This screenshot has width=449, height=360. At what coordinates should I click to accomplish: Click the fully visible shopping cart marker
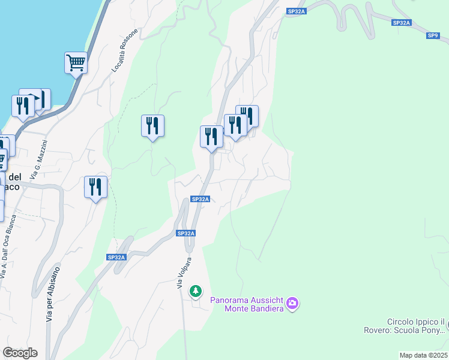click(76, 62)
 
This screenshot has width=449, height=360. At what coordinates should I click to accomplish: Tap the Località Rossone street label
click(125, 50)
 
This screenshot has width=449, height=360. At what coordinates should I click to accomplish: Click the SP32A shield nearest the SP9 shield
click(401, 23)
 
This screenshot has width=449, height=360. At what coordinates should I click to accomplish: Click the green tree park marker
click(196, 292)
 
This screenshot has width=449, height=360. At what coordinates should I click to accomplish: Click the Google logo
click(20, 353)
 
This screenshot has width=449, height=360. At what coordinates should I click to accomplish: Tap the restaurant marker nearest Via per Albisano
click(95, 187)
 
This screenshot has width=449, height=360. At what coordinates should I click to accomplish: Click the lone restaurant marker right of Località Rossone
click(152, 125)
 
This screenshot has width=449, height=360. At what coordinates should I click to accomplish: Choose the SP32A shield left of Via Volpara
click(116, 257)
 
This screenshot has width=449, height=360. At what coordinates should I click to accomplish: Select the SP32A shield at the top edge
click(297, 11)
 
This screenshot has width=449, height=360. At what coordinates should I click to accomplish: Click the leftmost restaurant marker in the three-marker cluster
click(211, 136)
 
